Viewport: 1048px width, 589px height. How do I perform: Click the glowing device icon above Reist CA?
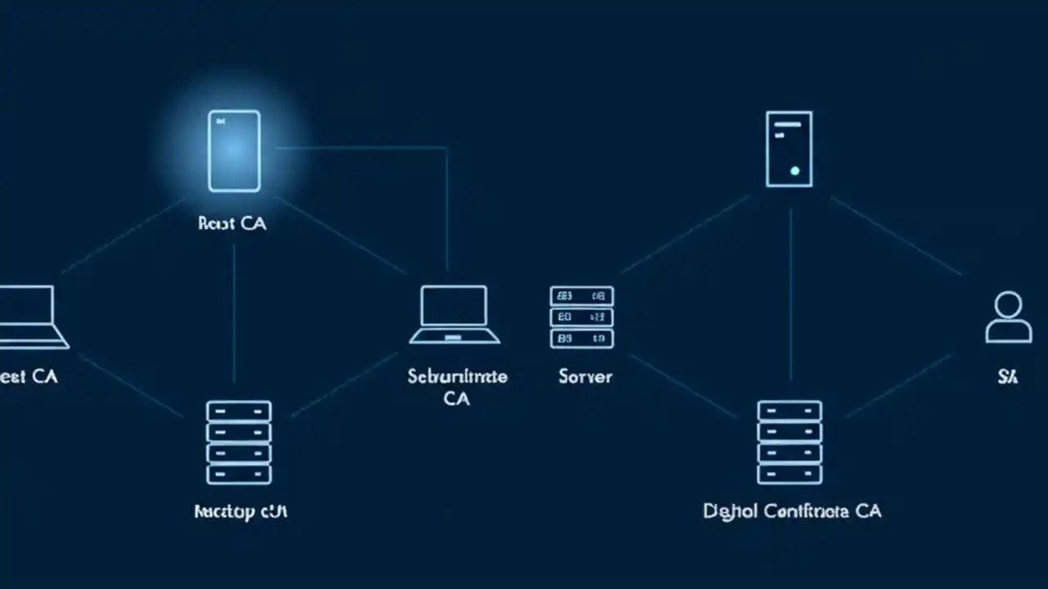click(x=234, y=151)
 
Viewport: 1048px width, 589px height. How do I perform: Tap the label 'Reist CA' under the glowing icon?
click(x=233, y=223)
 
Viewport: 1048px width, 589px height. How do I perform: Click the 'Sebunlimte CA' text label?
click(x=457, y=387)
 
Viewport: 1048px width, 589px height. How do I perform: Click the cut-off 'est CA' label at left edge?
click(x=29, y=376)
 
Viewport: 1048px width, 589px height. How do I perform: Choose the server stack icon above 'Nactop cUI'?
click(x=239, y=442)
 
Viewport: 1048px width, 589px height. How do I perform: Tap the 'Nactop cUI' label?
click(x=241, y=512)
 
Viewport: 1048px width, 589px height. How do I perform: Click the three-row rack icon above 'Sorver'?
click(x=581, y=317)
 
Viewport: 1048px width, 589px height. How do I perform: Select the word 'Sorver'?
click(x=585, y=376)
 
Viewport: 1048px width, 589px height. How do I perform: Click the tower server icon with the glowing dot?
click(x=789, y=149)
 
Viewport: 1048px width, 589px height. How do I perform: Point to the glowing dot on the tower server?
click(x=794, y=171)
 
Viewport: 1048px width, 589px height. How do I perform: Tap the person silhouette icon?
click(x=1008, y=317)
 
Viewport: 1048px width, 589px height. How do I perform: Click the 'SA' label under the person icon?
click(x=1007, y=377)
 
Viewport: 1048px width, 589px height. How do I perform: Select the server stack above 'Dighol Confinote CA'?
click(x=789, y=442)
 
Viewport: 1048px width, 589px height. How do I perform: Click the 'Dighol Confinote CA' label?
click(x=792, y=511)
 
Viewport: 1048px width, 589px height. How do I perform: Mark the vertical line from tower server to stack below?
click(x=791, y=294)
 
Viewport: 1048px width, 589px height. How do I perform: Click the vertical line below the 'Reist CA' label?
click(x=234, y=311)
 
